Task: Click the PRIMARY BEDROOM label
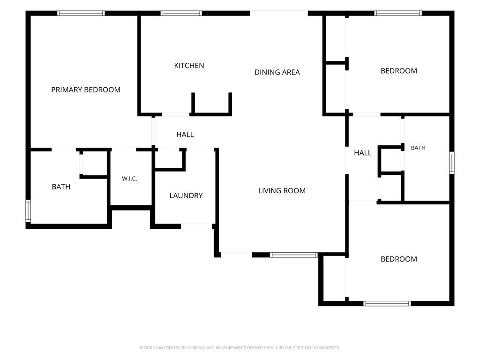[86, 90]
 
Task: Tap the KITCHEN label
[189, 66]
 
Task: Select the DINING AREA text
[277, 72]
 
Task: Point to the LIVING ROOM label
[282, 191]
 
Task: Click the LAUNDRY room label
[186, 195]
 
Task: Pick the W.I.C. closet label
[129, 179]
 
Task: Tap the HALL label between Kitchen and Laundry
[185, 135]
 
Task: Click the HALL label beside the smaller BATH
[362, 153]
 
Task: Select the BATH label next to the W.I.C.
[61, 187]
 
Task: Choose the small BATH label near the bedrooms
[418, 148]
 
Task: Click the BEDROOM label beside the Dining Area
[398, 71]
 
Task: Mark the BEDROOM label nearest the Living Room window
[398, 259]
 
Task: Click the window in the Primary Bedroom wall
[81, 13]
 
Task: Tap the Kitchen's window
[181, 13]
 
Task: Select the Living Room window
[294, 255]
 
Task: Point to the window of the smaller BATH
[452, 163]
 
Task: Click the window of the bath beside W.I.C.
[28, 210]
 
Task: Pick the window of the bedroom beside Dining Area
[398, 13]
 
